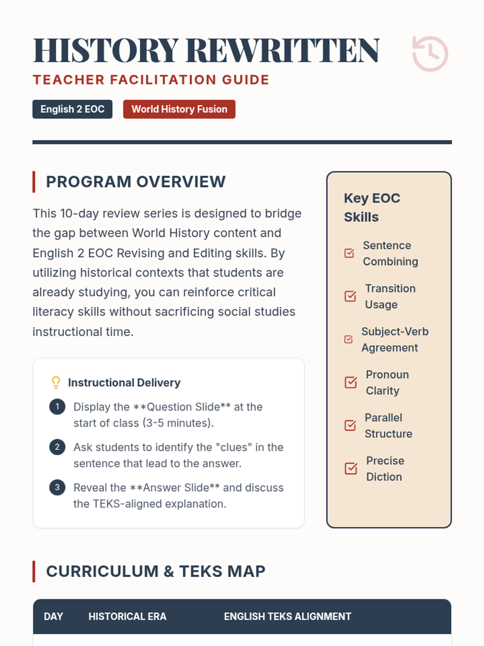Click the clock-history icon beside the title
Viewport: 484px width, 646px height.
(x=430, y=54)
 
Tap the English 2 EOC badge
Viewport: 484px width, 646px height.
(x=72, y=109)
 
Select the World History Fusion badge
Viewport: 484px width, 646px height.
(x=179, y=109)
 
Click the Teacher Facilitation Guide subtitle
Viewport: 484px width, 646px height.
(x=151, y=80)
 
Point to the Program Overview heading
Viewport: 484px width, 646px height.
(x=136, y=182)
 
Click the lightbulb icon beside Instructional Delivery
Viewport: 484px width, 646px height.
(x=56, y=382)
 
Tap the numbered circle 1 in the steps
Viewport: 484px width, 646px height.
(x=57, y=407)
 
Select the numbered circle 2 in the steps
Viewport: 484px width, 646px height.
(x=57, y=447)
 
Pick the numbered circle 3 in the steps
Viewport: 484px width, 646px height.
(x=57, y=487)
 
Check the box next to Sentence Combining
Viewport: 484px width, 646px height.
(x=349, y=253)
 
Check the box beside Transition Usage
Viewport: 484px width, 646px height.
(x=350, y=296)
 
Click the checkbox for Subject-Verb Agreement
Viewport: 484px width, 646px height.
(x=348, y=339)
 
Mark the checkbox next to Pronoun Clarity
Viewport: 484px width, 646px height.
(x=351, y=382)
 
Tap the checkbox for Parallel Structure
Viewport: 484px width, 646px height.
(x=350, y=425)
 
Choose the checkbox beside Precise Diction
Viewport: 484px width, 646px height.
(x=351, y=468)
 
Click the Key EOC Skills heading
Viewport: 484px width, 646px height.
(x=372, y=208)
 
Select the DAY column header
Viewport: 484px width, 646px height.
(x=53, y=617)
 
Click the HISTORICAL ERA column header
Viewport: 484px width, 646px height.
(x=127, y=617)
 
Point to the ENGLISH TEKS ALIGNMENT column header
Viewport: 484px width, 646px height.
(x=288, y=617)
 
